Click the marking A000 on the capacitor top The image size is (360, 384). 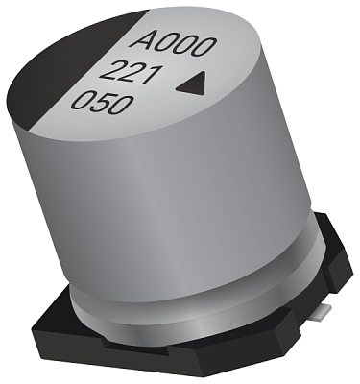[174, 46]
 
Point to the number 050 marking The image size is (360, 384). [102, 103]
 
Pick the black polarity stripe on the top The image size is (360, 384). [55, 69]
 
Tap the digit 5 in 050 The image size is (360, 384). [104, 104]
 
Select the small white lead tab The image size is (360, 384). [324, 313]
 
